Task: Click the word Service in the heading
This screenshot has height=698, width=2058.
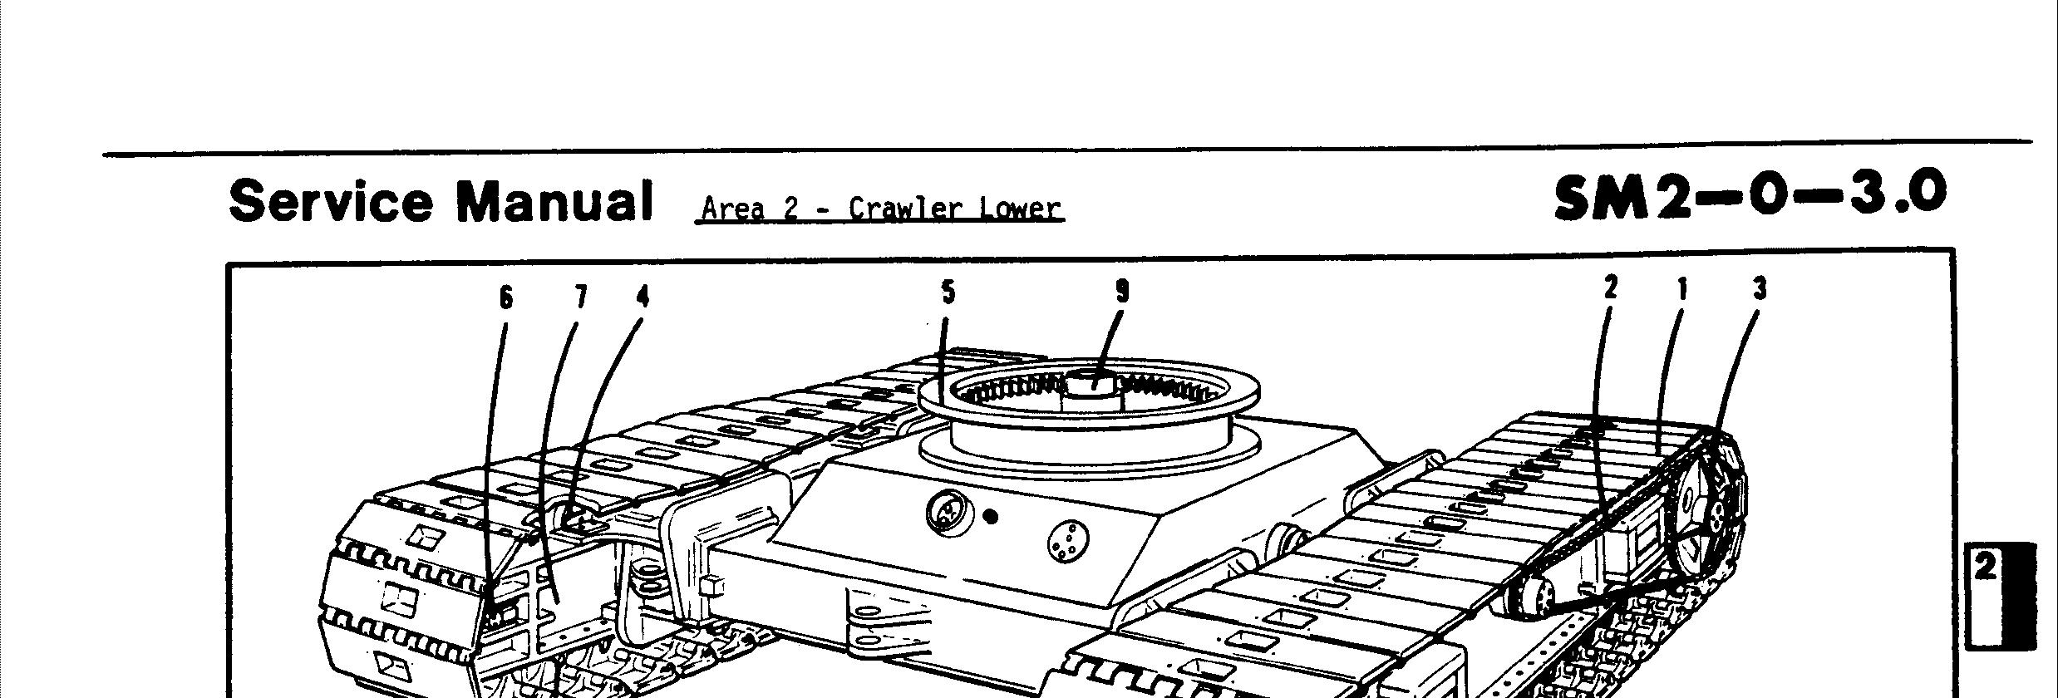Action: tap(330, 201)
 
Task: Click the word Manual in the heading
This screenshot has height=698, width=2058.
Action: tap(555, 201)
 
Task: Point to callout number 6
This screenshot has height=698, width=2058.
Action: tap(506, 297)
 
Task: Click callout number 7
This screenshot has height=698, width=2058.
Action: tap(580, 297)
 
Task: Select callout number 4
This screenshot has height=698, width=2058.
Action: tap(643, 297)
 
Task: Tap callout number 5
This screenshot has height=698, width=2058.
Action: tap(948, 292)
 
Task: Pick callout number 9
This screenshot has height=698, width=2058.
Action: tap(1122, 292)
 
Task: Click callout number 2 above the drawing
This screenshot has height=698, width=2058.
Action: tap(1611, 288)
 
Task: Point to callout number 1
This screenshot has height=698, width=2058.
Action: tap(1682, 289)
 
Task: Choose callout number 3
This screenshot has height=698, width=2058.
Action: tap(1760, 289)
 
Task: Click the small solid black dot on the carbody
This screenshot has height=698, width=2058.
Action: tap(990, 517)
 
